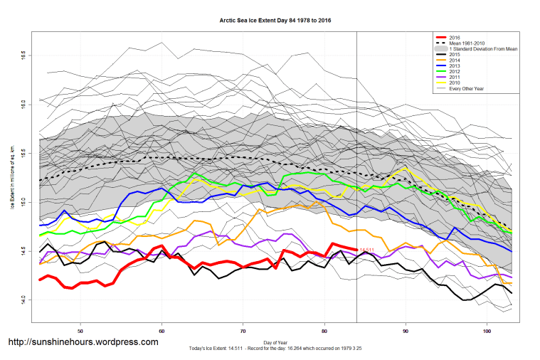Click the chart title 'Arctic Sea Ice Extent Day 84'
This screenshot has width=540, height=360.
(275, 21)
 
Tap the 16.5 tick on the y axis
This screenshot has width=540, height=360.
(23, 54)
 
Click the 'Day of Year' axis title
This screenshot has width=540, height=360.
(275, 342)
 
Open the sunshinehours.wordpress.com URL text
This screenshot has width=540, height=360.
(83, 342)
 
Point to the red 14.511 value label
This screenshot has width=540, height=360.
(367, 250)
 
